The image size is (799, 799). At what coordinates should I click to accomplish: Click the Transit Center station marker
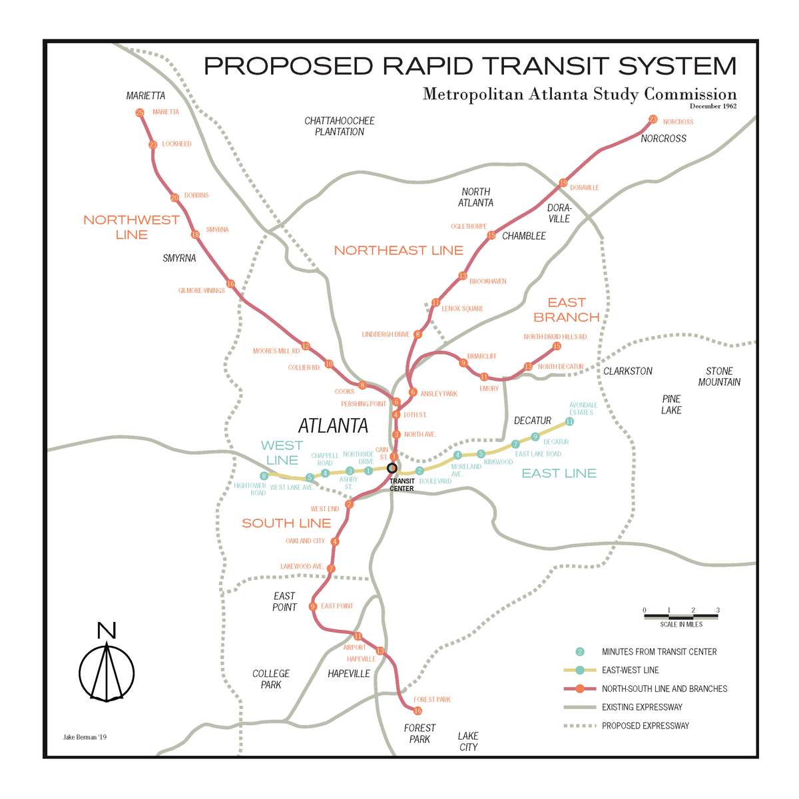(x=392, y=468)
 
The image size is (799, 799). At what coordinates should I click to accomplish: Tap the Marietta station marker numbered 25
(x=140, y=113)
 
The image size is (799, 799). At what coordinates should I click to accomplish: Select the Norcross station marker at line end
(x=653, y=119)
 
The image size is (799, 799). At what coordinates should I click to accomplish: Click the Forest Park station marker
(x=417, y=711)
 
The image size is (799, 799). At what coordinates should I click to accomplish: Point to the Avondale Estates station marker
(x=569, y=421)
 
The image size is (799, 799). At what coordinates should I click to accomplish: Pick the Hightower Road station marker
(x=264, y=476)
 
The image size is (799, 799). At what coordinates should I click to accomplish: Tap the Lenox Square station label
(x=462, y=309)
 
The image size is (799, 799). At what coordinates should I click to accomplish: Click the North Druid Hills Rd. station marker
(x=557, y=346)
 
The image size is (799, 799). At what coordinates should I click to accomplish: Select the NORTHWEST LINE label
(x=131, y=227)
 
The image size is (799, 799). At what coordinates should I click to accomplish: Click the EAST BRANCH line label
(x=566, y=310)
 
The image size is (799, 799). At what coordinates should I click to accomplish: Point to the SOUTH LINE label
(x=286, y=523)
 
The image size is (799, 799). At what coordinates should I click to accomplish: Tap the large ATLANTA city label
(x=333, y=425)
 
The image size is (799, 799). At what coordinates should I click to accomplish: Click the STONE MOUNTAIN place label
(x=719, y=376)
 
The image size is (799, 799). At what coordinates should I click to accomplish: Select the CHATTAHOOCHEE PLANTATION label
(x=340, y=127)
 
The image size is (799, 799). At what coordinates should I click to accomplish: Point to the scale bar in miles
(x=681, y=617)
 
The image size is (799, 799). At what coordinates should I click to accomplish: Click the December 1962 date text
(x=712, y=107)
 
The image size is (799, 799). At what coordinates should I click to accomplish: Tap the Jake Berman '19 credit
(x=85, y=737)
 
